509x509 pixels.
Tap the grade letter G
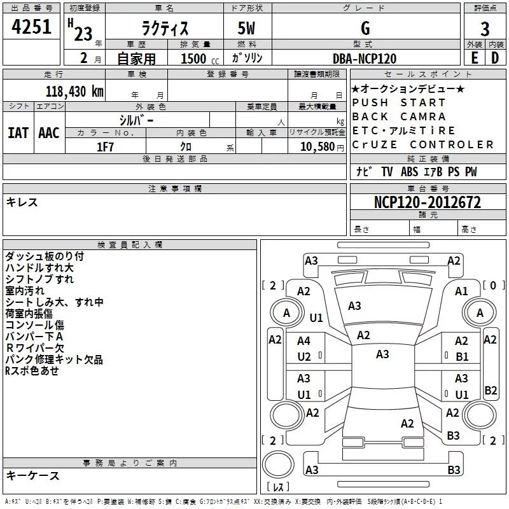coord(365,29)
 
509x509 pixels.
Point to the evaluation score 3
coord(485,29)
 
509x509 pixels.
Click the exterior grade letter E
coord(474,58)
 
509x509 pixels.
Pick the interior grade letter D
coord(495,58)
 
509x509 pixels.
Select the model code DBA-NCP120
coord(365,59)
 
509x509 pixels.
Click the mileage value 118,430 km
coord(74,91)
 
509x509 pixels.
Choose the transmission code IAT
coord(18,133)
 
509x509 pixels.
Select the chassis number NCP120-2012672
coord(427,202)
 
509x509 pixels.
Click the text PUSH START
coord(399,102)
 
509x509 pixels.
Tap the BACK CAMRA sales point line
coord(399,116)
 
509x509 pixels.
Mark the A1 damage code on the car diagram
coord(461,291)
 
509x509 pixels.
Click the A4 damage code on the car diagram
coord(304,341)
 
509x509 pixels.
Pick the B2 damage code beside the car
coord(491,390)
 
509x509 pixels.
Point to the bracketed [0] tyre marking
coord(492,285)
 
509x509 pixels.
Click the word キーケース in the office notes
coord(33,476)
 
